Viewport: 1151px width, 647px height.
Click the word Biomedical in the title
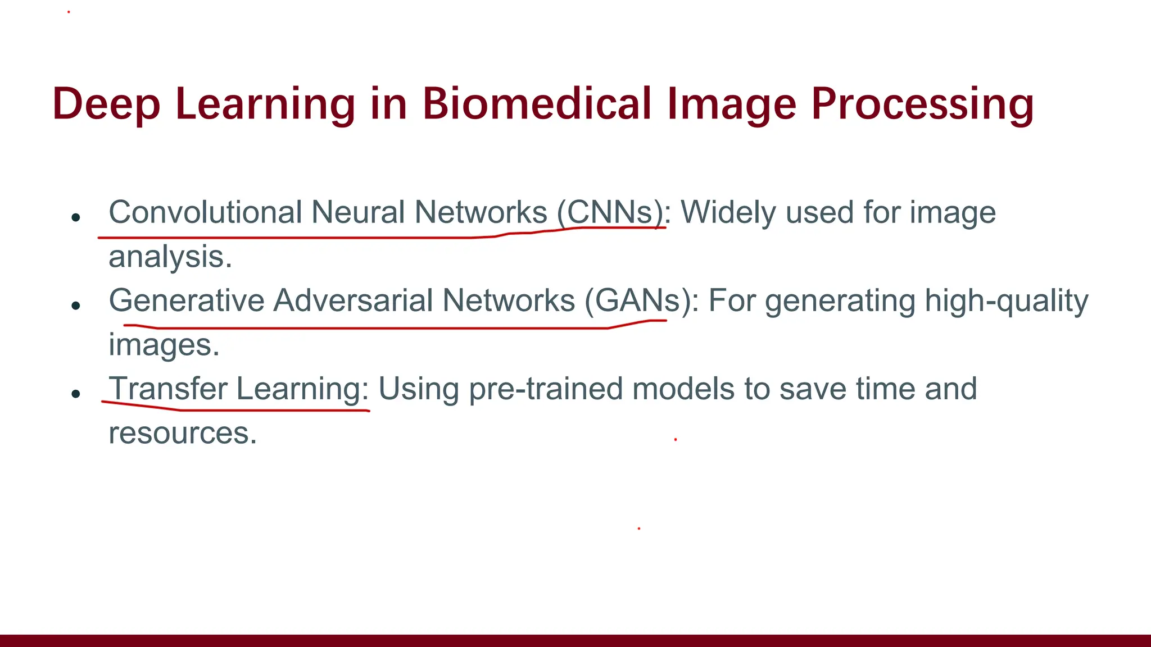pyautogui.click(x=536, y=104)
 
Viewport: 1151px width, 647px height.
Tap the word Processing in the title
pyautogui.click(x=922, y=104)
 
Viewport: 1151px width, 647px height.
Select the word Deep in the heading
pyautogui.click(x=106, y=104)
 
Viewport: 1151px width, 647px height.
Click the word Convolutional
pyautogui.click(x=205, y=213)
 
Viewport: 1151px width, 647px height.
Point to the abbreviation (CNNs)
pyautogui.click(x=611, y=213)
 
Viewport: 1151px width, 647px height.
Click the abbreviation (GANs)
pyautogui.click(x=638, y=301)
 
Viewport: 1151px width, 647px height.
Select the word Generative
pyautogui.click(x=186, y=301)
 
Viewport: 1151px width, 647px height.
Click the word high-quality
pyautogui.click(x=1006, y=301)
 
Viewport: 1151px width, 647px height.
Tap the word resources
pyautogui.click(x=182, y=434)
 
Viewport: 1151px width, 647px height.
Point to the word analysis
pyautogui.click(x=170, y=257)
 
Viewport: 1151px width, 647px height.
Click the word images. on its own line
pyautogui.click(x=164, y=345)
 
